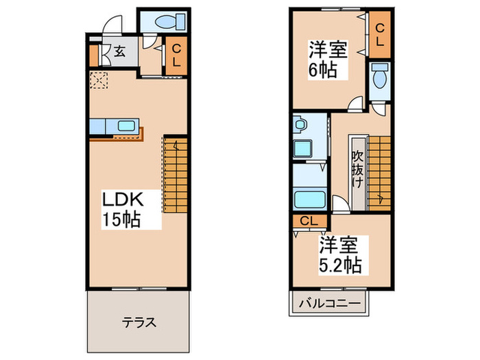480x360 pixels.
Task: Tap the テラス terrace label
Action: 140,322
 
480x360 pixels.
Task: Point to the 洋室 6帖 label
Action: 327,60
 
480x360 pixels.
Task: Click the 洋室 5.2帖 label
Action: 339,253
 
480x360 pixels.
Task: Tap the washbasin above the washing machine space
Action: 300,125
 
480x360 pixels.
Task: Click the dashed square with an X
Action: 99,80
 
